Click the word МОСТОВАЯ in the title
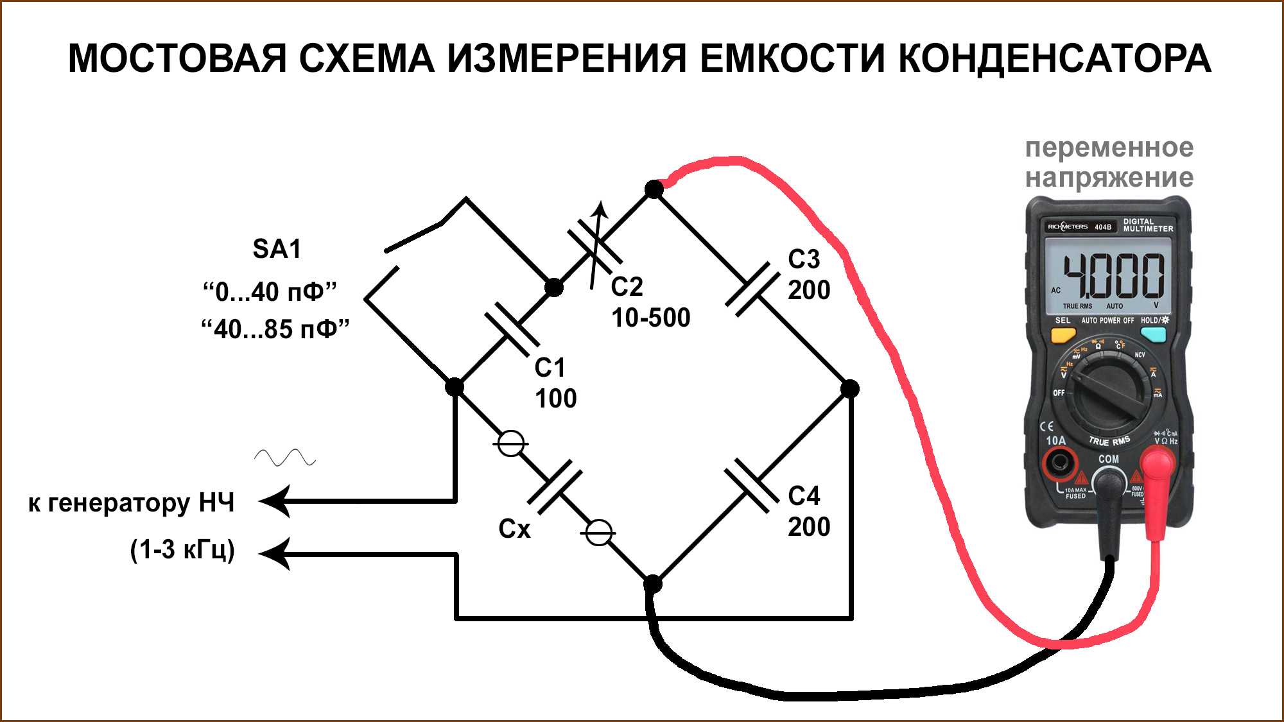[177, 58]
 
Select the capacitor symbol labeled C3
[752, 289]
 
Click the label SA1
[277, 249]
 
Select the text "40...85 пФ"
[275, 329]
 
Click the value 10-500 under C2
[650, 318]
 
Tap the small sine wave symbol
[284, 457]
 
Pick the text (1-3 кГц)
[182, 550]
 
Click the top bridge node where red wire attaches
[654, 189]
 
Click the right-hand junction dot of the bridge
[849, 388]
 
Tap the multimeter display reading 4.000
[1113, 275]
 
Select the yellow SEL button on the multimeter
[1063, 334]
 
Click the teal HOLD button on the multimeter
[1153, 334]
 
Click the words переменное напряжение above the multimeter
[1109, 162]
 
